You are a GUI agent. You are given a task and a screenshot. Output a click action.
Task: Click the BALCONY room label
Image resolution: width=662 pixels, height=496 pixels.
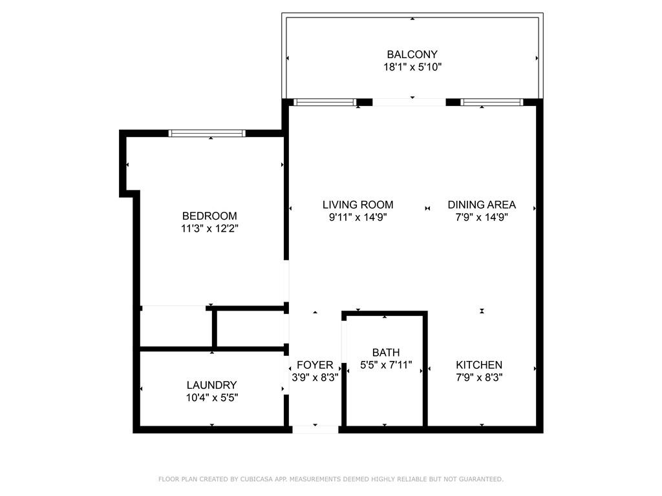click(x=412, y=55)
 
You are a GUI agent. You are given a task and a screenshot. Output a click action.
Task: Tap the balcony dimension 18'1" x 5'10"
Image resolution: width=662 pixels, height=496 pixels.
click(x=412, y=67)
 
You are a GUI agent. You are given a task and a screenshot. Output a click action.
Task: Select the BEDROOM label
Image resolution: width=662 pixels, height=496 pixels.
click(x=209, y=216)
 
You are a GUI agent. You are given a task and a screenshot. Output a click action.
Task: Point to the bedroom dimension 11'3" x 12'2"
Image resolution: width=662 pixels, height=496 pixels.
click(x=209, y=229)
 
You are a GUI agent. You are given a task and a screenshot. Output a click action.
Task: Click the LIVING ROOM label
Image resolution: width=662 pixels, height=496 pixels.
click(x=358, y=205)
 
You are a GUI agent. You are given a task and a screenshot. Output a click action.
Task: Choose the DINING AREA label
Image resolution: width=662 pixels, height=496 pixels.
click(x=482, y=205)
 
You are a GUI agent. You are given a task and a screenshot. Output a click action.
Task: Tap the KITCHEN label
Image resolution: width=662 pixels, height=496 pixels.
click(x=479, y=365)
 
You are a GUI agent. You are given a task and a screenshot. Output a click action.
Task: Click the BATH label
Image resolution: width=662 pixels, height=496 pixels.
click(x=385, y=353)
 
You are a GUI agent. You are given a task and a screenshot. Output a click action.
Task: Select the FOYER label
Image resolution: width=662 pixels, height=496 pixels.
click(x=315, y=366)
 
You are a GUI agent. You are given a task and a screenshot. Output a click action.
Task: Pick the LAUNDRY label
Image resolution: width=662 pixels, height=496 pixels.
click(x=211, y=386)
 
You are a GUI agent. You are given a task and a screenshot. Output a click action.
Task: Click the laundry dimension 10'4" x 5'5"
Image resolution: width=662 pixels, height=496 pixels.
click(x=211, y=398)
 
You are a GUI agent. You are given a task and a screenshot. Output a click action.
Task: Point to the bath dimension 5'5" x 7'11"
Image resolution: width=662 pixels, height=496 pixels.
click(x=385, y=365)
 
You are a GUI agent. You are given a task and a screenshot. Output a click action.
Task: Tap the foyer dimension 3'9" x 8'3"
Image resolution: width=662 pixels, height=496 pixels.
click(x=315, y=378)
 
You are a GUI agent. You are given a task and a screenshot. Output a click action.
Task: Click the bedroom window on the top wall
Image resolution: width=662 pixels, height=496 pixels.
click(x=207, y=133)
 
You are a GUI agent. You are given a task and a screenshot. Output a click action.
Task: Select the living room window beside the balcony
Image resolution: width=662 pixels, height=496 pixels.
click(x=325, y=102)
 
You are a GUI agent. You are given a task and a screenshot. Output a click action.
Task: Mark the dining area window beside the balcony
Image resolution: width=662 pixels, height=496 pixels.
click(x=491, y=102)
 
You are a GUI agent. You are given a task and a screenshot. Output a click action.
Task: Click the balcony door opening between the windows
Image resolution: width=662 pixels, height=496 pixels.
click(x=409, y=102)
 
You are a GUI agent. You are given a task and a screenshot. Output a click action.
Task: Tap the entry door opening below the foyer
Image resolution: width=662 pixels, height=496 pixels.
click(x=315, y=429)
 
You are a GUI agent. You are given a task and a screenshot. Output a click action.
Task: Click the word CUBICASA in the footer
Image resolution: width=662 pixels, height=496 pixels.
click(x=257, y=479)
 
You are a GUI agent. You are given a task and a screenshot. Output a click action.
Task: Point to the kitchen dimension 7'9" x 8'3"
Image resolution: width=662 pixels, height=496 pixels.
click(x=479, y=377)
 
